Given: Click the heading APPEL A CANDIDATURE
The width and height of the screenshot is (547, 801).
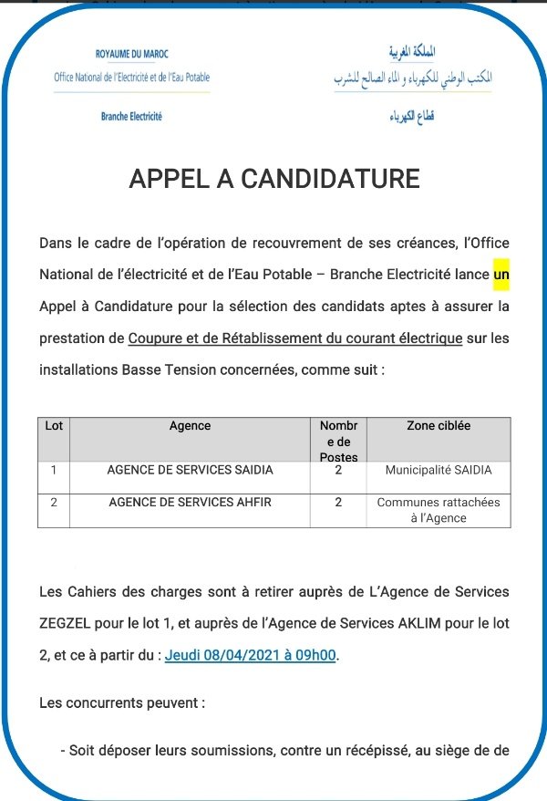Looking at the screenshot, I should click(x=273, y=178).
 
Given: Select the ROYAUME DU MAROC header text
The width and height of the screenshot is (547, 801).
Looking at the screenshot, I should click(x=132, y=55).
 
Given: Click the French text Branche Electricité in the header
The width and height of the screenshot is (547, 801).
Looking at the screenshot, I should click(x=131, y=117).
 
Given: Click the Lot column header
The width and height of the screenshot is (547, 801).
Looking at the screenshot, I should click(x=54, y=426).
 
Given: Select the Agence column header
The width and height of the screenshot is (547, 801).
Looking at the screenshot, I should click(x=190, y=426).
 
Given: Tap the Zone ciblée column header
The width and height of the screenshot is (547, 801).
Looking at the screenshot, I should click(x=438, y=426).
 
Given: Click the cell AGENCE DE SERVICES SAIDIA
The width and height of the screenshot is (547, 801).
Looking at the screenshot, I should click(x=190, y=471).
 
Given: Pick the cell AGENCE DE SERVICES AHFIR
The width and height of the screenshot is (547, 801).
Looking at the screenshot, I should click(x=190, y=503).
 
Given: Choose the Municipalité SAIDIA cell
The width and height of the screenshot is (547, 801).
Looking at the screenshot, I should click(x=438, y=471).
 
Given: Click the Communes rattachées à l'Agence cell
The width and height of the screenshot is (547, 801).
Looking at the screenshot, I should click(x=438, y=510).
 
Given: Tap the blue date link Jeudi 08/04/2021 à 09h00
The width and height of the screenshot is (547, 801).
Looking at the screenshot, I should click(x=251, y=656).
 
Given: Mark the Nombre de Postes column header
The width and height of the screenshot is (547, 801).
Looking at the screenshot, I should click(x=338, y=441).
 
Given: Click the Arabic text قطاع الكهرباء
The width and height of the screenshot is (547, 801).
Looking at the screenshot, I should click(x=413, y=118).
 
